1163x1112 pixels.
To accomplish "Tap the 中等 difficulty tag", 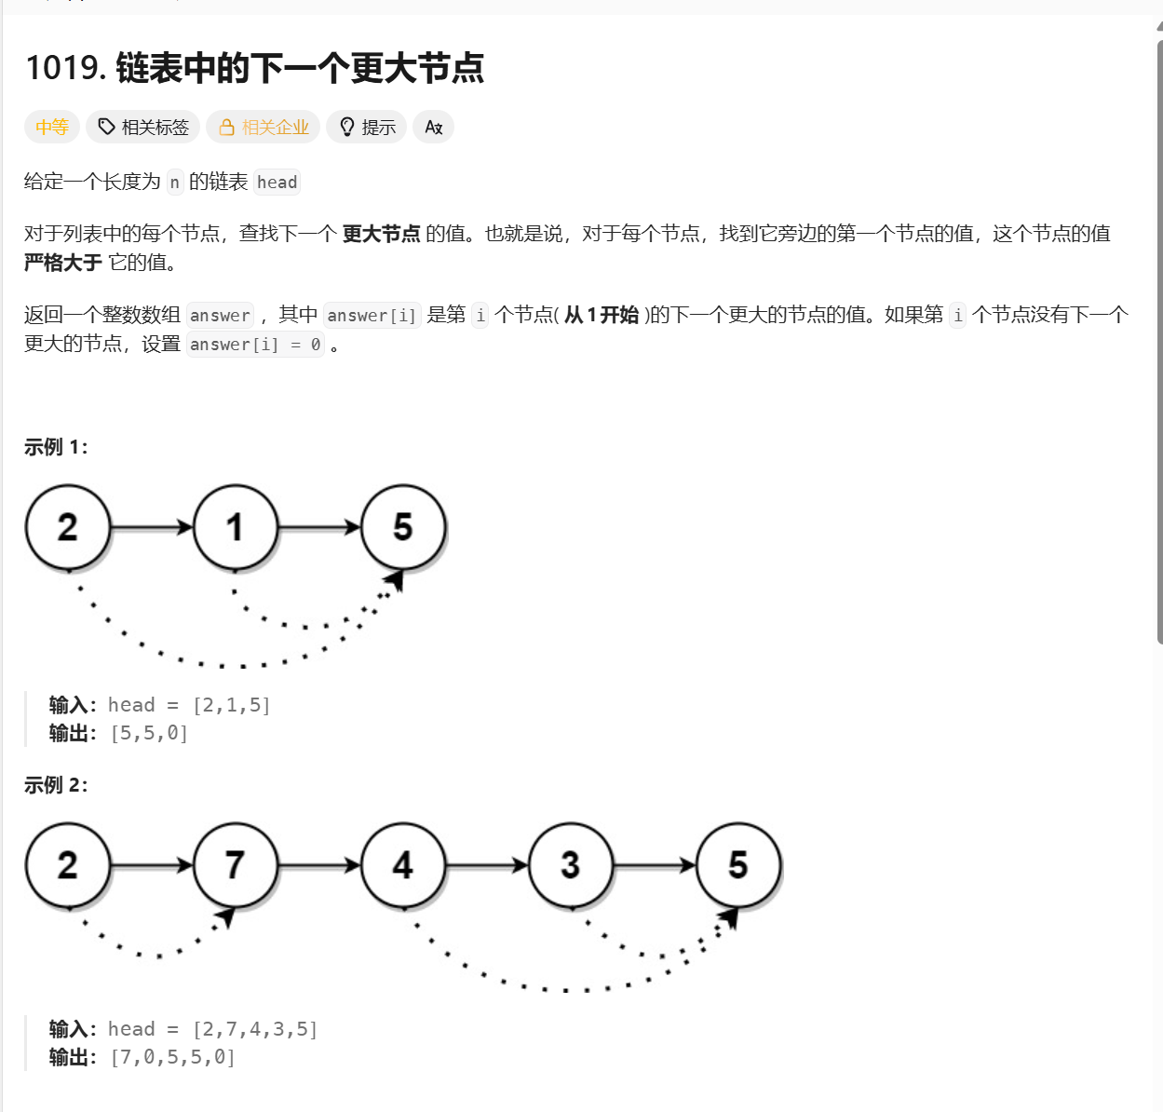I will point(52,127).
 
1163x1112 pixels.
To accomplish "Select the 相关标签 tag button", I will point(143,127).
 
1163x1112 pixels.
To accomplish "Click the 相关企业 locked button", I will point(264,127).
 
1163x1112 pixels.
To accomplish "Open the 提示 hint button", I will point(367,127).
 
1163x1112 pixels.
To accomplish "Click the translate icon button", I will point(433,127).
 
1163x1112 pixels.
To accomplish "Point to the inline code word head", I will point(277,183).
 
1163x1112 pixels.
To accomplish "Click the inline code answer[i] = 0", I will point(255,345).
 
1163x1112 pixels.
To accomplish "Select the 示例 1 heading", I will point(56,447).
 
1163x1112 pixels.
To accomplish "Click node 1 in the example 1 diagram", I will point(236,527).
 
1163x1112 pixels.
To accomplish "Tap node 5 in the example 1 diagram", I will point(403,527).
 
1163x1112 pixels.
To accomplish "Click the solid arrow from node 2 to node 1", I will point(151,527).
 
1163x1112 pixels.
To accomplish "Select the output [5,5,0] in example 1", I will point(149,734).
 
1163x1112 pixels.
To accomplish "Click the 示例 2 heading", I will point(56,785).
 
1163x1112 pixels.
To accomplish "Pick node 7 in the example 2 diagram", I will point(236,865).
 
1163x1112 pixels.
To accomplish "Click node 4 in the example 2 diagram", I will point(403,865).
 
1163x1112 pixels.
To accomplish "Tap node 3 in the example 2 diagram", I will point(571,865).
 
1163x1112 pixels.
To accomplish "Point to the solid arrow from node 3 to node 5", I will point(655,865).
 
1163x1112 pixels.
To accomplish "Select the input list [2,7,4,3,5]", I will point(255,1029).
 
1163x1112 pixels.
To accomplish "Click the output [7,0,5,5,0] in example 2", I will point(172,1058).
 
